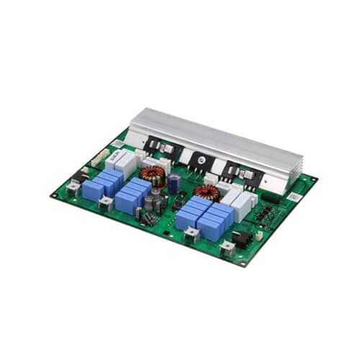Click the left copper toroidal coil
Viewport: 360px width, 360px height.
click(153, 175)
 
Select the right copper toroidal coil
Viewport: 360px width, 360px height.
click(207, 192)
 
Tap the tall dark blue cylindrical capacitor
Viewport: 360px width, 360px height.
click(174, 184)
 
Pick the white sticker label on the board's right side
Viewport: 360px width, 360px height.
click(296, 197)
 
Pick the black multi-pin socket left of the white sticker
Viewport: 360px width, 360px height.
click(271, 198)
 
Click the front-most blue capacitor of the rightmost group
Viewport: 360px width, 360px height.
click(189, 218)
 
